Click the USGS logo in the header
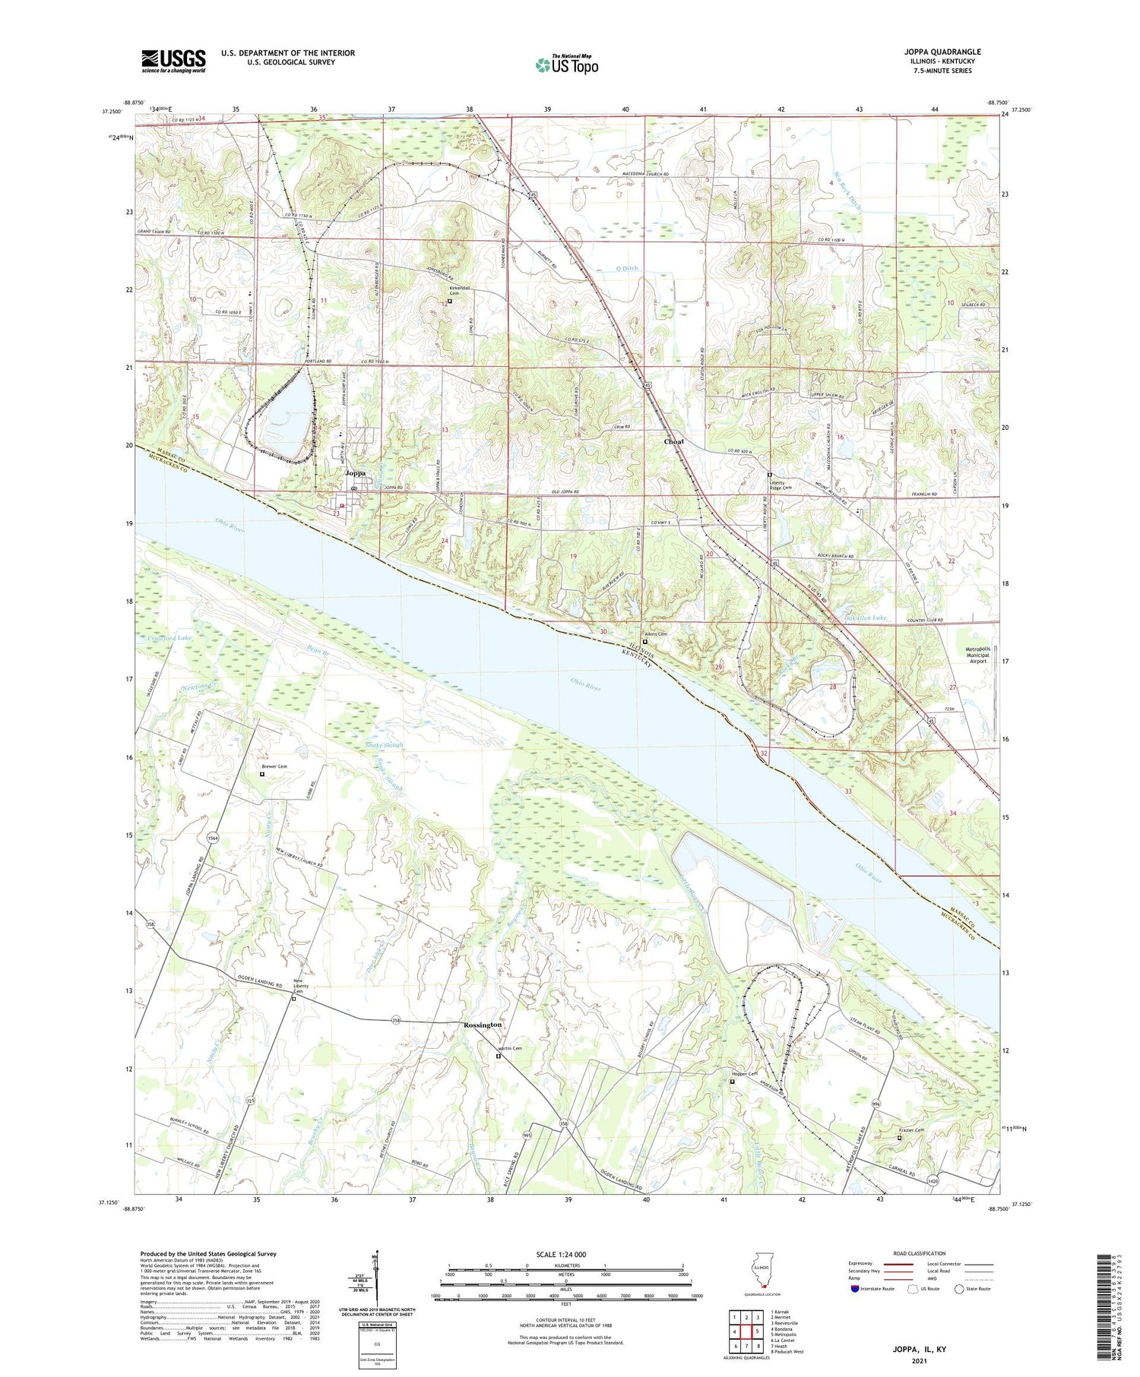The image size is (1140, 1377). click(173, 61)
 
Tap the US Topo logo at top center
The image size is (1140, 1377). click(566, 65)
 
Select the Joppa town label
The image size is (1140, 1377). click(356, 473)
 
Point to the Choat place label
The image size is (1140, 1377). click(673, 441)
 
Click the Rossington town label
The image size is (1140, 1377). click(483, 1025)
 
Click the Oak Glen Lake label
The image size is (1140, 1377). click(865, 618)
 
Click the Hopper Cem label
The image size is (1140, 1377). click(744, 1073)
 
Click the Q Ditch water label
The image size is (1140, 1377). click(627, 268)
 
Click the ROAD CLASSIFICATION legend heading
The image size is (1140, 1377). click(920, 1253)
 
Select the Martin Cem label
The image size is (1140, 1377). click(509, 1049)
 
